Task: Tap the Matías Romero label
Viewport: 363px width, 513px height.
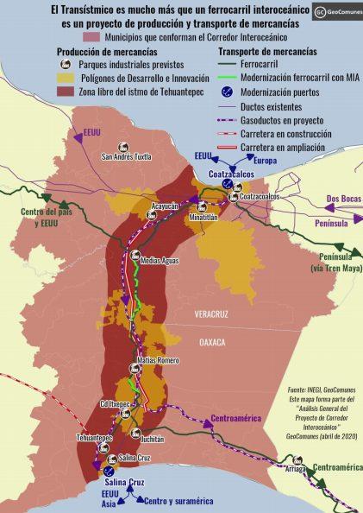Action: pyautogui.click(x=157, y=359)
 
